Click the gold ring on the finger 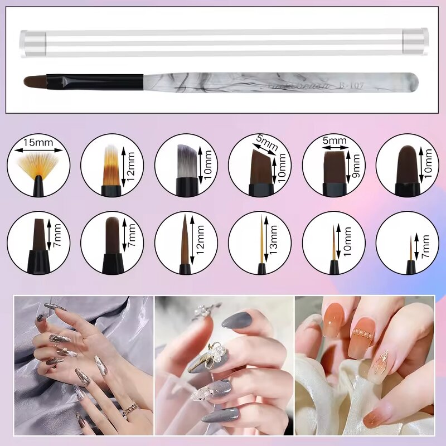coord(130,409)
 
